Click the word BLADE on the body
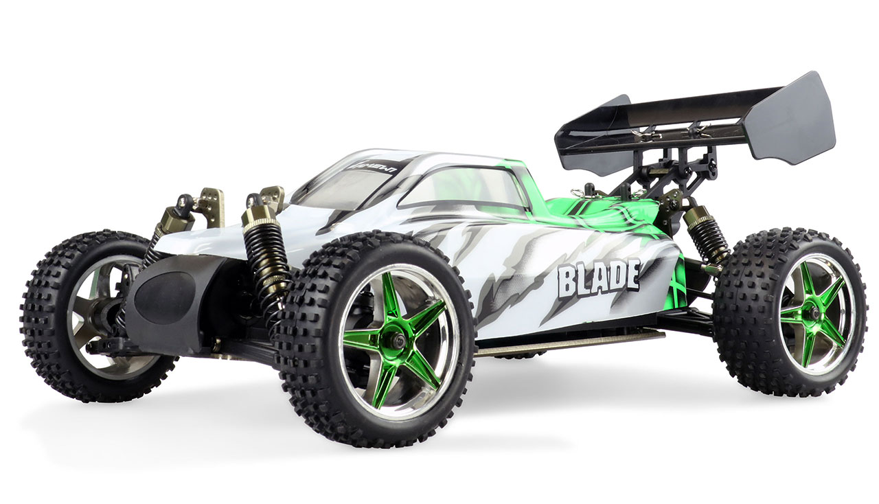(x=599, y=277)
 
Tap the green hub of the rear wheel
(x=814, y=313)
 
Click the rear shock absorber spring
(x=707, y=237)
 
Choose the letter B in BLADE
(x=567, y=282)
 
